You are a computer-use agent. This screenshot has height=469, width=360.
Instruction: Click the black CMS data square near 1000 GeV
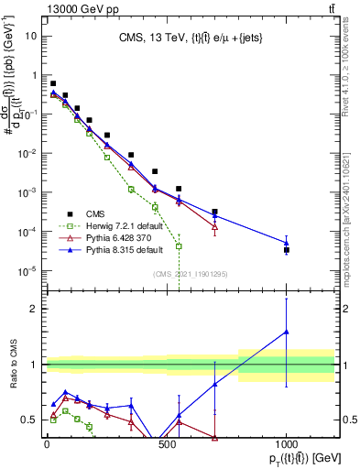click(287, 249)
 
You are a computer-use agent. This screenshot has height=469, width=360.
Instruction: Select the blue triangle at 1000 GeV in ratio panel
click(287, 332)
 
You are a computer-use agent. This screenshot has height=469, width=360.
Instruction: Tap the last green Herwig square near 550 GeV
click(179, 245)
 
